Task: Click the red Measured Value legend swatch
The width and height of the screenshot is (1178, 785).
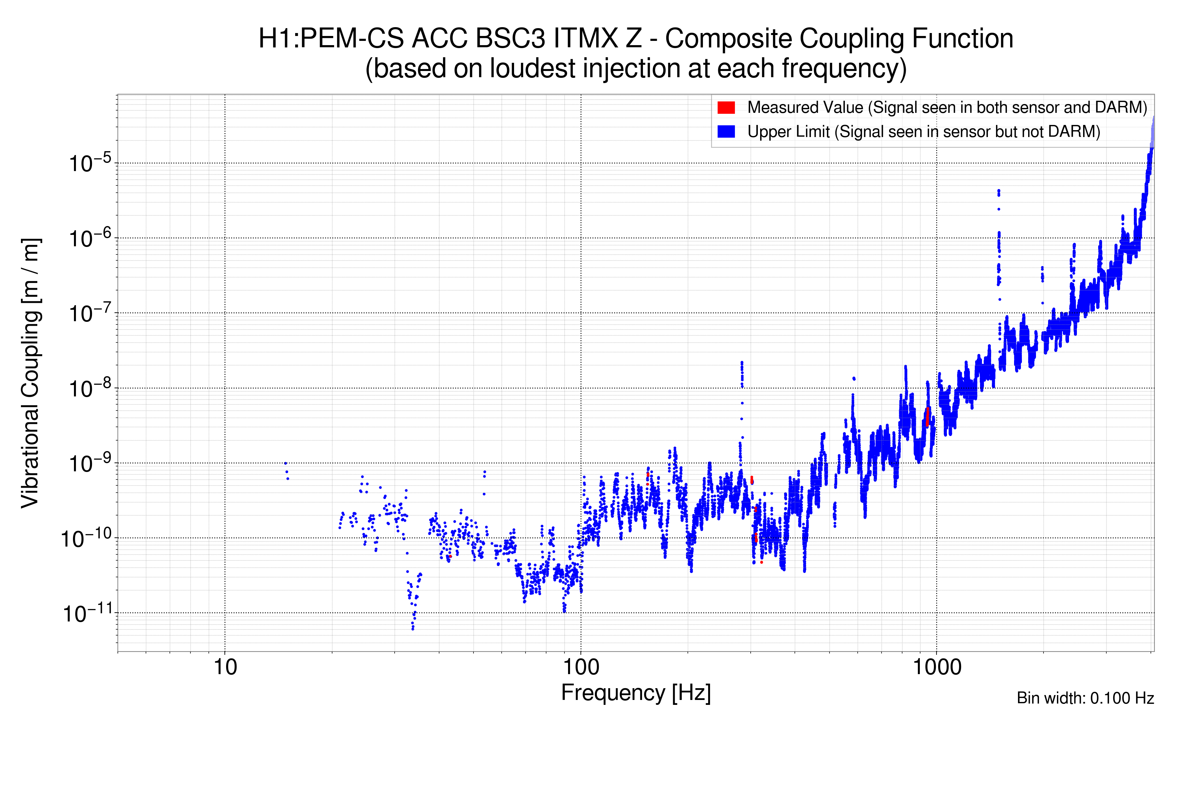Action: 726,108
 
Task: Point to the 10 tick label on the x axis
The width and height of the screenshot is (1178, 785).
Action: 225,667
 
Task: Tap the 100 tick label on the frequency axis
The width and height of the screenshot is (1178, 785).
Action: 581,667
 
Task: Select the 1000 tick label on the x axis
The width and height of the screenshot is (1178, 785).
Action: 937,667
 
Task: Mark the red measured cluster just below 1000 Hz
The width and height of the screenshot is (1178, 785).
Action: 928,416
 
